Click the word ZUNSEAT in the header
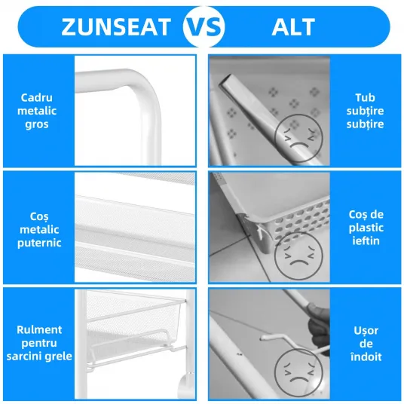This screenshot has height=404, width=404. (116, 27)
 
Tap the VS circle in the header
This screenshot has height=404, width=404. (204, 27)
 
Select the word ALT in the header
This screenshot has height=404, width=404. (293, 27)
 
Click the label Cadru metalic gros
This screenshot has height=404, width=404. (37, 111)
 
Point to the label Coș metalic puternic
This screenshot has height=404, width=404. (39, 229)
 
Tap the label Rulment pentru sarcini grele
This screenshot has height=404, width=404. (39, 343)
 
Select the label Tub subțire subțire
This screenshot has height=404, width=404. (365, 111)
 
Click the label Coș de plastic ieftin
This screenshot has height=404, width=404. (366, 228)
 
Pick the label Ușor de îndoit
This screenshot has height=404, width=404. (366, 344)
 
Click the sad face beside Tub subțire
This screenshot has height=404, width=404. (298, 139)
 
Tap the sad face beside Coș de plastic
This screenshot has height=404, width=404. (298, 256)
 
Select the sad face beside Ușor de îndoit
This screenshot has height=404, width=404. (298, 372)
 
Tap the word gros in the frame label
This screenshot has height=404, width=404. (37, 124)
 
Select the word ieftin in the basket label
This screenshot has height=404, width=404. (366, 241)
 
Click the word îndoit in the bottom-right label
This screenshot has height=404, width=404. (366, 357)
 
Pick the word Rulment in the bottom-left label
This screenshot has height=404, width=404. (39, 330)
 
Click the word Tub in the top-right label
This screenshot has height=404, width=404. (365, 98)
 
